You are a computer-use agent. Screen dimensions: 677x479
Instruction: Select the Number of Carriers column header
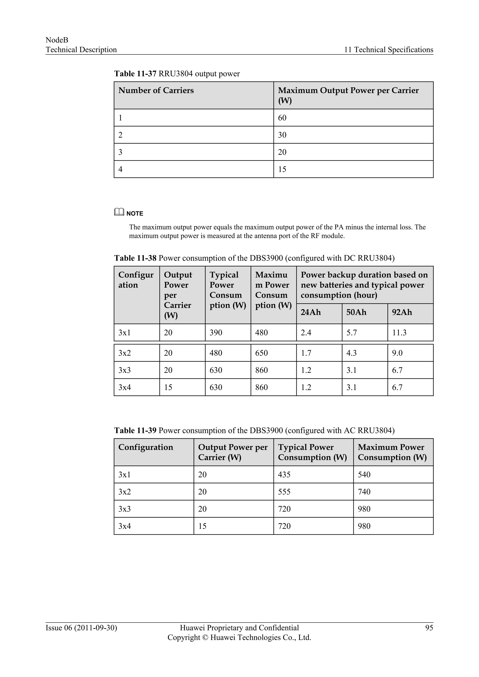[x=156, y=90]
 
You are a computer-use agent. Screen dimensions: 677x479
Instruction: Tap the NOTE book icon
[x=119, y=212]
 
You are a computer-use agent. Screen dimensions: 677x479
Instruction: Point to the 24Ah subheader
[x=310, y=312]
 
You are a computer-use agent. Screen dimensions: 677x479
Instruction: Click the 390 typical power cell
[x=216, y=333]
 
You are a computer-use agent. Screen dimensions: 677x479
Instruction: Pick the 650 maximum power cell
[x=261, y=353]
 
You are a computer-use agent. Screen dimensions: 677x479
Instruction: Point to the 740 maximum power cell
[x=364, y=492]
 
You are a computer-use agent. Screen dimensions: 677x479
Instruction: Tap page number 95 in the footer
[x=429, y=628]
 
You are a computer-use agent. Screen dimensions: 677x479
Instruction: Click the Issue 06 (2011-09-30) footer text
[x=81, y=628]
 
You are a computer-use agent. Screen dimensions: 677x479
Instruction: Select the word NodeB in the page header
[x=57, y=40]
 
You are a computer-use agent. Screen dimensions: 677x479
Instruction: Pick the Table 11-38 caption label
[x=135, y=258]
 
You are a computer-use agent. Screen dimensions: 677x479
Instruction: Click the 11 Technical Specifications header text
[x=388, y=50]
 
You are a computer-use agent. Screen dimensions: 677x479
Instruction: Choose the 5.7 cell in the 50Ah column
[x=351, y=333]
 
